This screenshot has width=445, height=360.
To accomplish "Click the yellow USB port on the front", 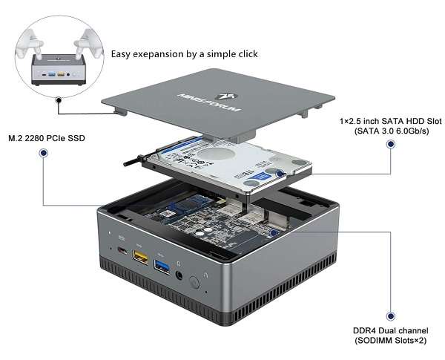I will [139, 257].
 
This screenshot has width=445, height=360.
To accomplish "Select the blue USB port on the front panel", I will [159, 265].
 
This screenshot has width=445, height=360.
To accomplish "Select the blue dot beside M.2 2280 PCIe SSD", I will [44, 154].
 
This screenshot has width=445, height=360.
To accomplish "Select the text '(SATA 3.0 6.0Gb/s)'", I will [380, 131].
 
